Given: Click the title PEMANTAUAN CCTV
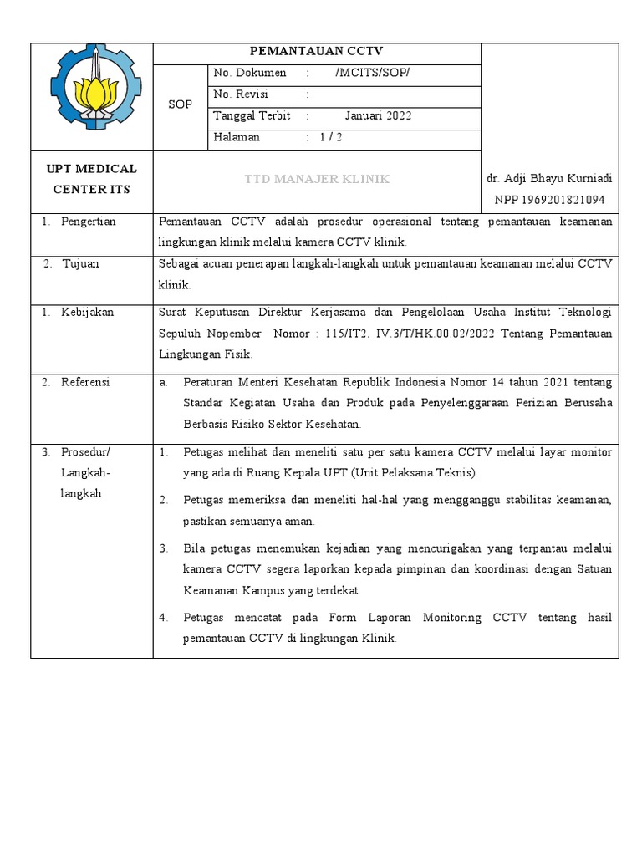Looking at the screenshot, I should click(x=316, y=52).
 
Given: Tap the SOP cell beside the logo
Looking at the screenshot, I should click(x=180, y=105).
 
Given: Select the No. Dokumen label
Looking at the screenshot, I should click(x=249, y=73).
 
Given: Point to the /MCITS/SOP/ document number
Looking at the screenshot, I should click(x=372, y=73).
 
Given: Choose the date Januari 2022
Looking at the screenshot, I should click(x=378, y=116).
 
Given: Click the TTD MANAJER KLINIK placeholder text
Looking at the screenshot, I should click(x=316, y=180).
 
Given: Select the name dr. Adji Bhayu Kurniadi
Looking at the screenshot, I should click(x=549, y=179).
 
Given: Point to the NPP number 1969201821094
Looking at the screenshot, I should click(x=549, y=200).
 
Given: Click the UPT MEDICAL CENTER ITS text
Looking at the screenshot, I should click(x=91, y=179).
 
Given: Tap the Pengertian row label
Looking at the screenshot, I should click(x=89, y=222).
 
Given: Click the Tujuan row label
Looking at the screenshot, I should click(x=80, y=263).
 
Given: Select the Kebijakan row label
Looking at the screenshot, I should click(x=87, y=313).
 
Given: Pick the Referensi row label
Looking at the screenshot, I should click(x=86, y=382).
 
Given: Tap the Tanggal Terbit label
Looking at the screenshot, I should click(x=252, y=116).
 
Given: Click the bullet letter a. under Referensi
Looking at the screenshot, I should click(x=164, y=382).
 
